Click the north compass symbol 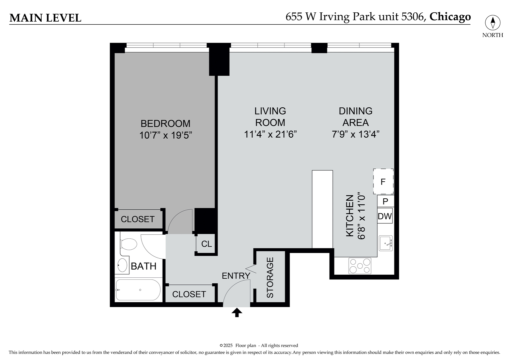pyautogui.click(x=493, y=23)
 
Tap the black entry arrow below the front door pyautogui.click(x=237, y=313)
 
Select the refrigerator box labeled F pyautogui.click(x=383, y=182)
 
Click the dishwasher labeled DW pyautogui.click(x=385, y=216)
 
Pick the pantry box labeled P pyautogui.click(x=385, y=201)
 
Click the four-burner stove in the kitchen pyautogui.click(x=360, y=266)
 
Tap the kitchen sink pyautogui.click(x=386, y=243)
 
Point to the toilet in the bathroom pyautogui.click(x=128, y=244)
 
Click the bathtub pyautogui.click(x=138, y=290)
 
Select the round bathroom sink pyautogui.click(x=123, y=266)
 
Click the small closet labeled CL pyautogui.click(x=206, y=244)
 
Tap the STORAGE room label pyautogui.click(x=270, y=277)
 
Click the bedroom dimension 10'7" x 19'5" pyautogui.click(x=166, y=135)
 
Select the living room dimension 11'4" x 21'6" pyautogui.click(x=270, y=134)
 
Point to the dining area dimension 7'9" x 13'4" pyautogui.click(x=355, y=134)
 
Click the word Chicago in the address pyautogui.click(x=450, y=17)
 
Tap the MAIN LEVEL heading pyautogui.click(x=45, y=18)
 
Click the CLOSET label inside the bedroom pyautogui.click(x=137, y=219)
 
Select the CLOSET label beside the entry pyautogui.click(x=189, y=294)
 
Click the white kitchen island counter pyautogui.click(x=322, y=209)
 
